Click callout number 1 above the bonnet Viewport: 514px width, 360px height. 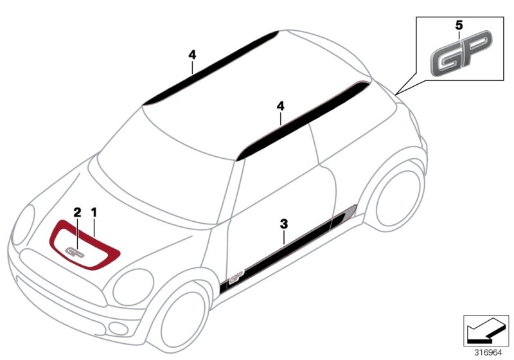[94, 212]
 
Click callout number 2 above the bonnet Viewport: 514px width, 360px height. [77, 212]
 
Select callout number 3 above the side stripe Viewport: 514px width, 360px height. [284, 224]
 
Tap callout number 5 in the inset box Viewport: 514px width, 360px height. [459, 25]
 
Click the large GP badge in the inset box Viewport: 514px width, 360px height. [461, 53]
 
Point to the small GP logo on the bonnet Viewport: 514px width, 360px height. [75, 252]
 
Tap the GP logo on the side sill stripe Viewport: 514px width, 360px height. [236, 276]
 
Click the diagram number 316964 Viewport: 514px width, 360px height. [488, 353]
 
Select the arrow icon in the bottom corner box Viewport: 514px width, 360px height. [485, 330]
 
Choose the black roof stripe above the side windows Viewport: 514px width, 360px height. [303, 122]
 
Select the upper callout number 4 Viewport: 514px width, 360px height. [192, 55]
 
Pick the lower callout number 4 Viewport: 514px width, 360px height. [281, 106]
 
